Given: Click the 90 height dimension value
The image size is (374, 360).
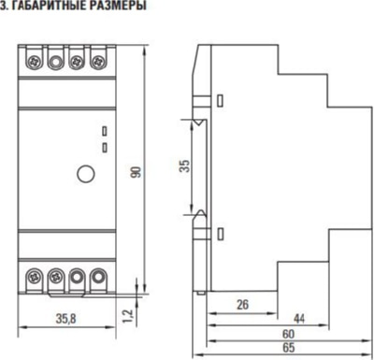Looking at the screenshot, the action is pos(137,172).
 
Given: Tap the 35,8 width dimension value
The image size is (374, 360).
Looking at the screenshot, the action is pos(66,319).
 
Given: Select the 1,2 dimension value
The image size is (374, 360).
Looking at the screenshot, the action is pos(128,317).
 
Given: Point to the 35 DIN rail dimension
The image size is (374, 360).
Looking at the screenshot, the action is pos(184,166).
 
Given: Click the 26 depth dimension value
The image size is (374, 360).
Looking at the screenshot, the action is pos(242,305).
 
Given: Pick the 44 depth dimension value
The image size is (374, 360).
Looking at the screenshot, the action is pos(299,319).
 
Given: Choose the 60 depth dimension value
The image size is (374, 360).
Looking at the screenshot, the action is pos(288,334).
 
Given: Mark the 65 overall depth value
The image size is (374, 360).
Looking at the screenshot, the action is pos(288,348).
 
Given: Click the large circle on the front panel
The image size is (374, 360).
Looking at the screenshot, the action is pos(86,174).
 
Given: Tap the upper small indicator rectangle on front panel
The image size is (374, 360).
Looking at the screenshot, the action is pos(105,131).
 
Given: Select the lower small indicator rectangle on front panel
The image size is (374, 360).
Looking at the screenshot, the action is pos(105,148).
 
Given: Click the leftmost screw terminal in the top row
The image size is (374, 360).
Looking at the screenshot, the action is pos(34,61).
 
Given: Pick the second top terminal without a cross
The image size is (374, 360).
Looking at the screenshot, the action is pos(55,62).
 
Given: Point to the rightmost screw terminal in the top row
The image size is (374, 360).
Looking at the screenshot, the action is pos(98,61).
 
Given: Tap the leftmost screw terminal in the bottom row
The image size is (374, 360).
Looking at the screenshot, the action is pos(34,277).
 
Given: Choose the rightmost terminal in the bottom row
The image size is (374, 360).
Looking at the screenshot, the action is pos(98,277).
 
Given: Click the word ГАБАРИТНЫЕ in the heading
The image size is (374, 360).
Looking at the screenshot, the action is pos(51,6).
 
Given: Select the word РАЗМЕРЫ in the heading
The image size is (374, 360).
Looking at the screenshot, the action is pos(120,6).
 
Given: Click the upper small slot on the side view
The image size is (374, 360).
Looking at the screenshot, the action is pos(220,100).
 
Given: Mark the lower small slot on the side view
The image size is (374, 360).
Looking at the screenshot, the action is pos(220,234).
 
